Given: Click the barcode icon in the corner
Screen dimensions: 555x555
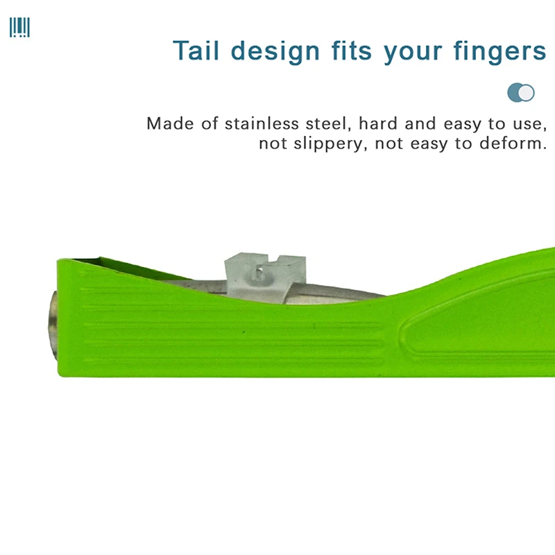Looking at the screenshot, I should click(x=19, y=28).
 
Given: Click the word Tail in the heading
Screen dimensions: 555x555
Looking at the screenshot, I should click(x=197, y=51).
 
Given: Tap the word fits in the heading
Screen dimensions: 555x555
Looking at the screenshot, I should click(x=352, y=51).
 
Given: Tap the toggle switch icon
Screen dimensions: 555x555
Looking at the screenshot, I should click(x=521, y=92).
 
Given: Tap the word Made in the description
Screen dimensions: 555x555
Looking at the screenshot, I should click(x=169, y=125).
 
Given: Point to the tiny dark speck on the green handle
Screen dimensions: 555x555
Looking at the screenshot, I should click(x=244, y=332).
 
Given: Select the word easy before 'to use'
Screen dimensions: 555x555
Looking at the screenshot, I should click(x=463, y=125).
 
